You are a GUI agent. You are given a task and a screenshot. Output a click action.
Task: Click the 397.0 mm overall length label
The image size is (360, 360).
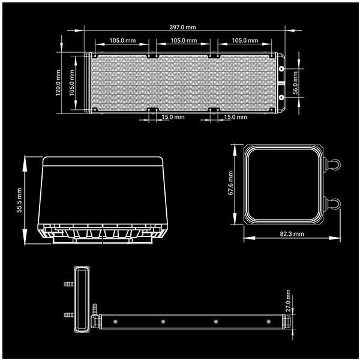tap(183, 28)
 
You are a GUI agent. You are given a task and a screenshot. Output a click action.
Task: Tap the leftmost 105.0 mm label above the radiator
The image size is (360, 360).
tap(122, 41)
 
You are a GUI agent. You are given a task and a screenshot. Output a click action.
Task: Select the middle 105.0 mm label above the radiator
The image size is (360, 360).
tap(184, 41)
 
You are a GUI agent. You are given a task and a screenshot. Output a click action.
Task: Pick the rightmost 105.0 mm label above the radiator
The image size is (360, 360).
tap(245, 41)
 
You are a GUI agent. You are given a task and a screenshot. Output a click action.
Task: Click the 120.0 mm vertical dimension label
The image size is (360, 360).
tap(58, 83)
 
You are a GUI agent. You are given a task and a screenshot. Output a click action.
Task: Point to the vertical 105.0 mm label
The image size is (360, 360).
tap(72, 83)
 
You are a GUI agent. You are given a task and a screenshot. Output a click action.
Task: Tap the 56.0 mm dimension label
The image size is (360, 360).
tap(295, 83)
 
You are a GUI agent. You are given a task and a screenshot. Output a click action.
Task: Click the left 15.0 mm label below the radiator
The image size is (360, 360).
tap(173, 117)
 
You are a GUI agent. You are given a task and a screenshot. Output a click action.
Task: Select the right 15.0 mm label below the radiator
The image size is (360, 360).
tap(236, 117)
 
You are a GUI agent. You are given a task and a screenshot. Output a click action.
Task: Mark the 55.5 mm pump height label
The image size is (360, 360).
tap(19, 200)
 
